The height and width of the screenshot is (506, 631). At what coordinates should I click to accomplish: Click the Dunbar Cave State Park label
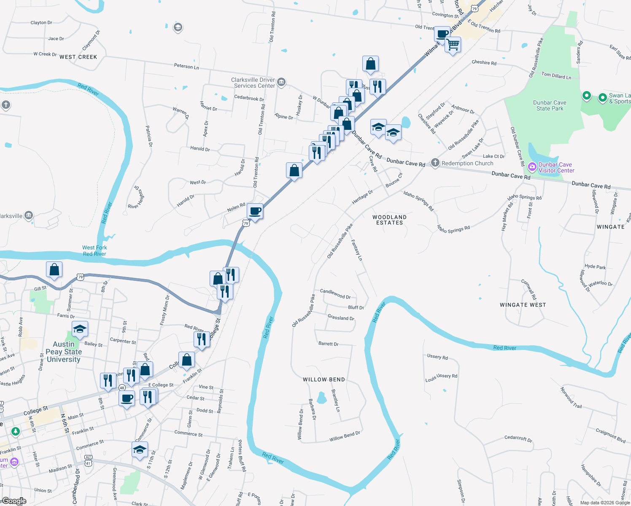[550, 105]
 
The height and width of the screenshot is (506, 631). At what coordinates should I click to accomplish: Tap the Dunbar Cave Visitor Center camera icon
[532, 167]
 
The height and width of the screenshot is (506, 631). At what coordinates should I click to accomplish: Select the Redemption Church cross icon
[435, 163]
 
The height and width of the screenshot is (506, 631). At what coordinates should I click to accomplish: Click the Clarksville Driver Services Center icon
[282, 82]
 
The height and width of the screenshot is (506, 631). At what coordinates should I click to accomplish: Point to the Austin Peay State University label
[64, 352]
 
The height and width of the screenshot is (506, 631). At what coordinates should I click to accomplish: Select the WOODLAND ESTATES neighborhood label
[389, 220]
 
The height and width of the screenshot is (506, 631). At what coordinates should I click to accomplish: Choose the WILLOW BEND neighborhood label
[324, 379]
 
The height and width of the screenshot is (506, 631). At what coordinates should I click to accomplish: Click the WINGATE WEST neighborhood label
[523, 305]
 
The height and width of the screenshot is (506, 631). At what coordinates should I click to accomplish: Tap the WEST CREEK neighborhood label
[78, 57]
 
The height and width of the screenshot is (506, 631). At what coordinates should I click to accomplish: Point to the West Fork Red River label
[94, 251]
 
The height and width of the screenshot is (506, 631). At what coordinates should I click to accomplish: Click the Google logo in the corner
[14, 501]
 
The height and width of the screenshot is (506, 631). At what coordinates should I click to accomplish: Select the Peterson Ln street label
[186, 66]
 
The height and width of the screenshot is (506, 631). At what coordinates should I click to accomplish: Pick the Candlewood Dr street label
[335, 294]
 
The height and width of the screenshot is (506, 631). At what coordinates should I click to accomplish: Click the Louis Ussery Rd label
[441, 377]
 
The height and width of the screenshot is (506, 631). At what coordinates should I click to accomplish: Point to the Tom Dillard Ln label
[556, 76]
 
